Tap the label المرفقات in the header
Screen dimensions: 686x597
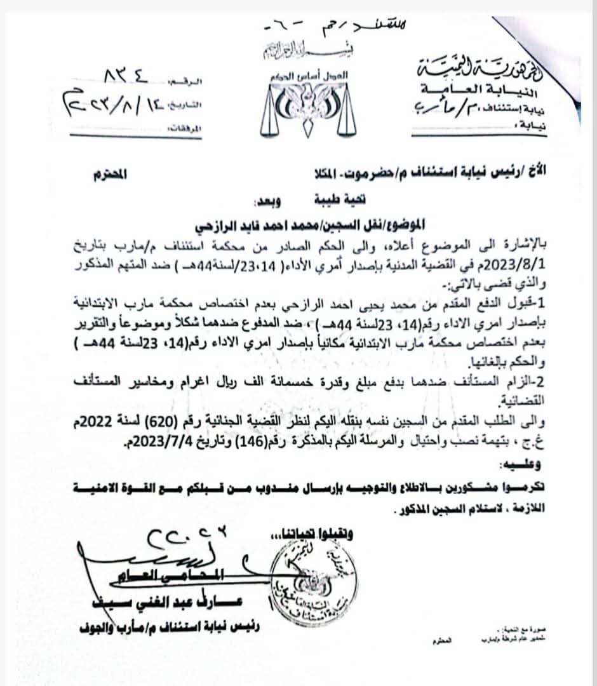[x=180, y=129]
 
